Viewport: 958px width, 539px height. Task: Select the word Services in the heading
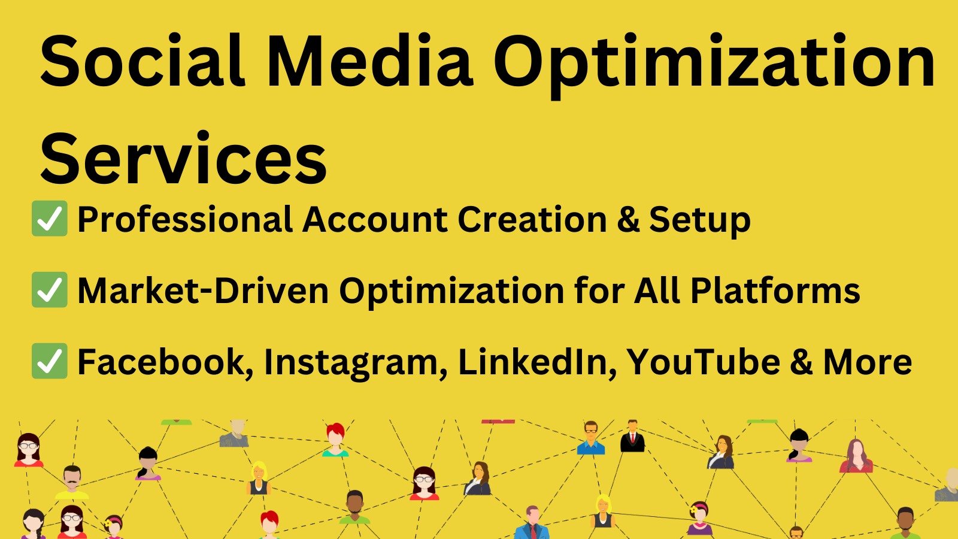tap(183, 159)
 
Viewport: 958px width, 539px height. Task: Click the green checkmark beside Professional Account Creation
tap(49, 219)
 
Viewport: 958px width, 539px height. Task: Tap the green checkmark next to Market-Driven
tap(49, 290)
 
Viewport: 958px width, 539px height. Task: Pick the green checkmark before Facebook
tap(49, 361)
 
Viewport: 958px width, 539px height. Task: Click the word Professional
tap(184, 220)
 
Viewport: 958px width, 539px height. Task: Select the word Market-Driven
tap(203, 291)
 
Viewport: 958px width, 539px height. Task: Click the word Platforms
tap(775, 291)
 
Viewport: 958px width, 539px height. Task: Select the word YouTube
tap(704, 362)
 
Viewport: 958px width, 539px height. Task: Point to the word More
tap(868, 362)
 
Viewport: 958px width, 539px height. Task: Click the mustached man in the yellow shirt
tap(72, 483)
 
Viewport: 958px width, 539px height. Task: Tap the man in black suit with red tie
tap(632, 437)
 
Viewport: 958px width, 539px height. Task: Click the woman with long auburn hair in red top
tap(856, 456)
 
